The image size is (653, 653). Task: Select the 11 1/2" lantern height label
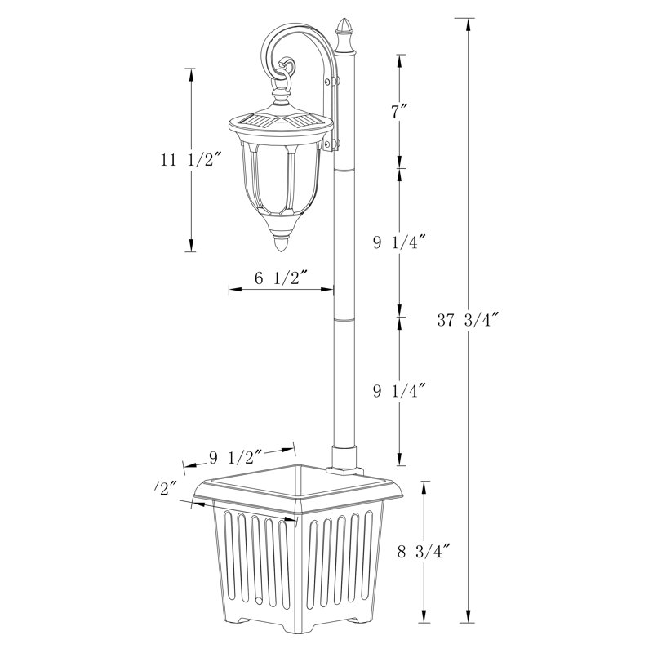[191, 160]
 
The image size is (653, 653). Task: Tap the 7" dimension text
[398, 113]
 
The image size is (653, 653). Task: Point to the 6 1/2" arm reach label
[280, 278]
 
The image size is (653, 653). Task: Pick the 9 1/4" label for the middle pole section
[400, 242]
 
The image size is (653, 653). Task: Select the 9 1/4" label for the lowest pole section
[400, 390]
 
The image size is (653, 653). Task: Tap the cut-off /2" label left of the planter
[166, 488]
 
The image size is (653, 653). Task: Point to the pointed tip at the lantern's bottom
[282, 242]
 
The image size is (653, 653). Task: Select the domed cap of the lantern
[280, 119]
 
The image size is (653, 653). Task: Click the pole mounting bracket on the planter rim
[344, 470]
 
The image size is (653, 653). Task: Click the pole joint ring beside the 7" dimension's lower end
[345, 168]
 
